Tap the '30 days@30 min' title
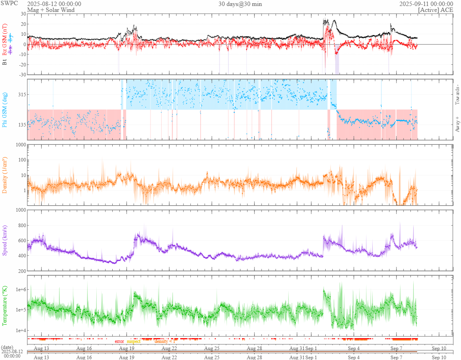pyautogui.click(x=240, y=4)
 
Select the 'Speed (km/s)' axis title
pyautogui.click(x=5, y=240)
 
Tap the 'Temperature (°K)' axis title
pyautogui.click(x=5, y=306)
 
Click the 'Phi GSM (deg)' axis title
pyautogui.click(x=5, y=109)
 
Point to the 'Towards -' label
pyautogui.click(x=457, y=95)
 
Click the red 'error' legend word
pyautogui.click(x=119, y=341)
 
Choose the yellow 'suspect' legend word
pyautogui.click(x=134, y=341)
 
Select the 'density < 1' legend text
pyautogui.click(x=164, y=341)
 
